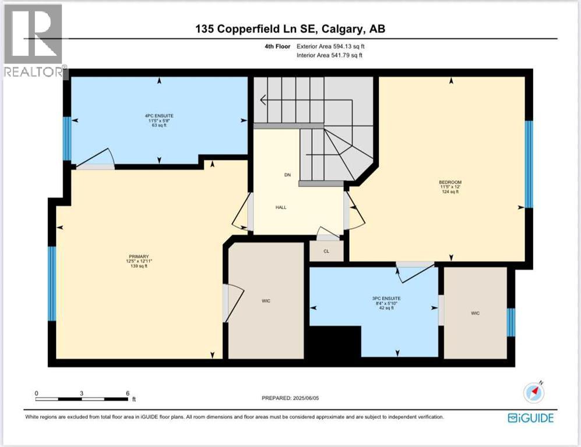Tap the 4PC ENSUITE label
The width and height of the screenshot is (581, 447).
pos(159,116)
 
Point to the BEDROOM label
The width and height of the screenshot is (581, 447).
pos(450,182)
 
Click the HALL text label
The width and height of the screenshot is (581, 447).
pos(281,207)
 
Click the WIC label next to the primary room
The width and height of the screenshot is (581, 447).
pos(266,301)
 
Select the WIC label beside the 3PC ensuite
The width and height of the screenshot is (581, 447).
pos(475,313)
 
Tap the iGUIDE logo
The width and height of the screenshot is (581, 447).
pos(530,417)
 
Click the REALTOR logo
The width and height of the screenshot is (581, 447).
pos(33,41)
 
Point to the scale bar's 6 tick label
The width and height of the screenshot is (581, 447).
pos(128,393)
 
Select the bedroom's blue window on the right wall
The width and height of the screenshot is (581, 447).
pos(529,164)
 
